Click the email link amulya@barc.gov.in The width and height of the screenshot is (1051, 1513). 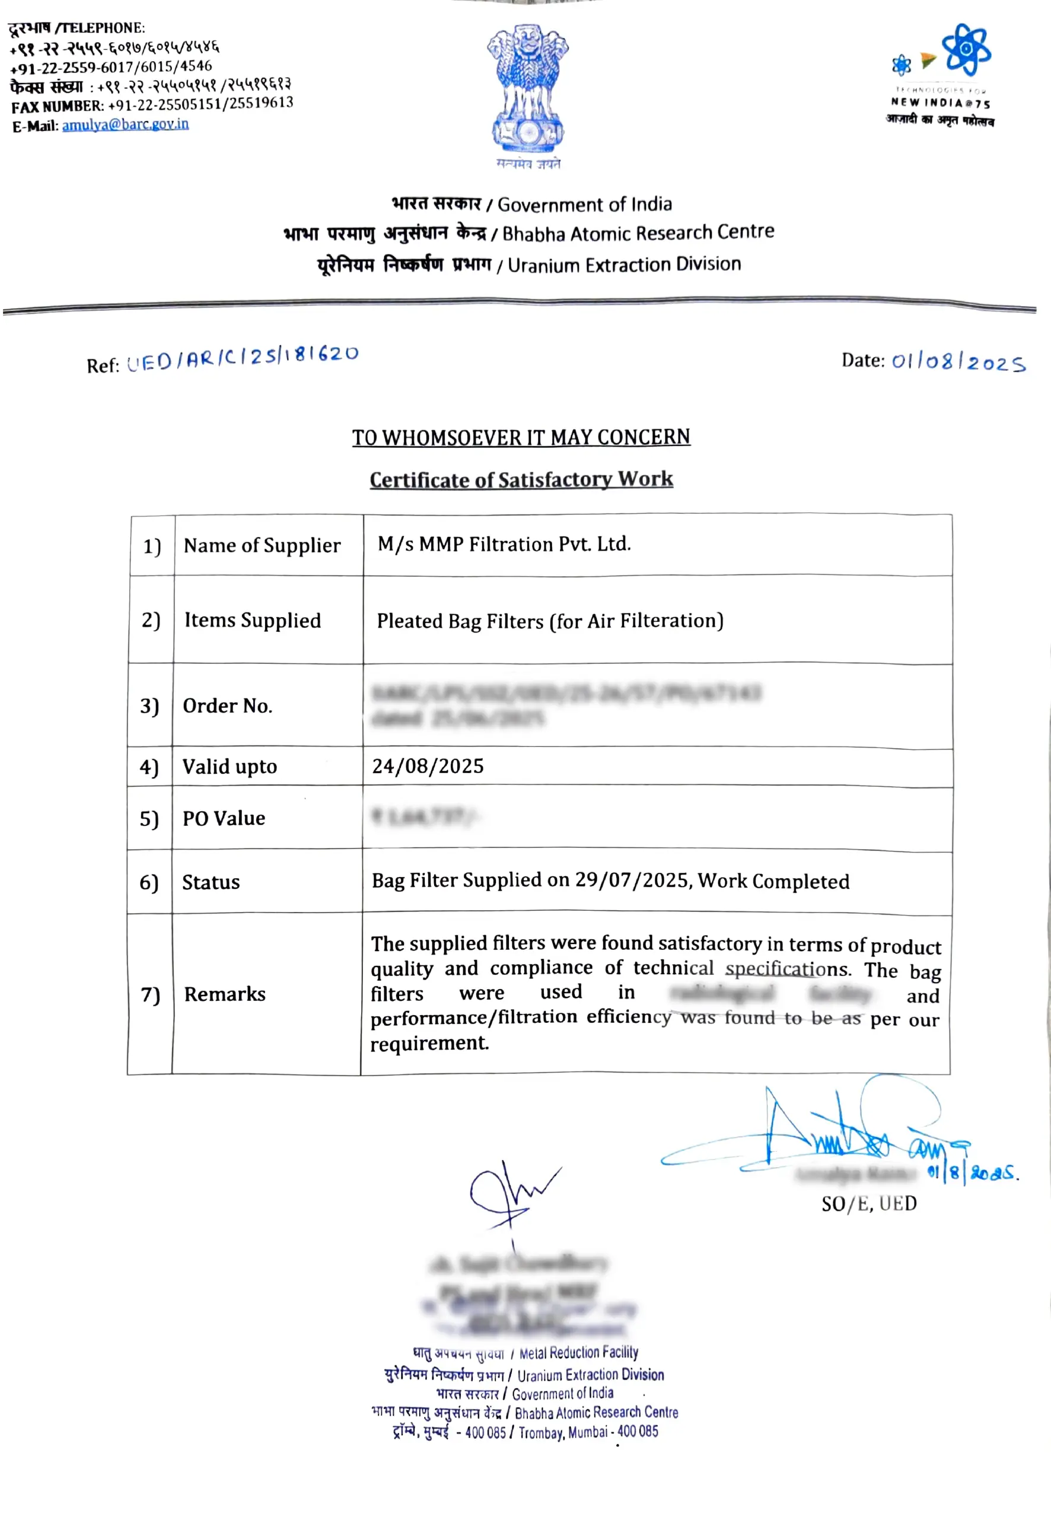tap(125, 125)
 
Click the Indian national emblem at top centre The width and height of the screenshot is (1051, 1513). tap(527, 89)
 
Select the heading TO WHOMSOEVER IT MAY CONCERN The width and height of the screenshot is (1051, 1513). tap(521, 437)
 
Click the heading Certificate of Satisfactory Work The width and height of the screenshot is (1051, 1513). tap(521, 479)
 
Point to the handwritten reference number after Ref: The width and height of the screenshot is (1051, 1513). tap(243, 357)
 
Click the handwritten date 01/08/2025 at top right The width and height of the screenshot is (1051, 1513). tap(958, 361)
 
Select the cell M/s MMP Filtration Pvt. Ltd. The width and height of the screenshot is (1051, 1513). tap(504, 544)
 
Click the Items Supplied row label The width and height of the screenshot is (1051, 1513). tap(252, 621)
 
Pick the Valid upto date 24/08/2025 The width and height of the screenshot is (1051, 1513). tap(428, 766)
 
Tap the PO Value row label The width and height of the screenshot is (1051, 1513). tap(224, 818)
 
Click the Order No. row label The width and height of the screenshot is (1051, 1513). tap(227, 706)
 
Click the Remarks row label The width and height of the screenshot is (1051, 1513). tap(225, 994)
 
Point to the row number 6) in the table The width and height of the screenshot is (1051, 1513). tap(149, 882)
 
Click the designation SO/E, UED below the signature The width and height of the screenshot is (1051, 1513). tap(868, 1204)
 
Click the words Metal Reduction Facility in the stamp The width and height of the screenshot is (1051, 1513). tap(578, 1353)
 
